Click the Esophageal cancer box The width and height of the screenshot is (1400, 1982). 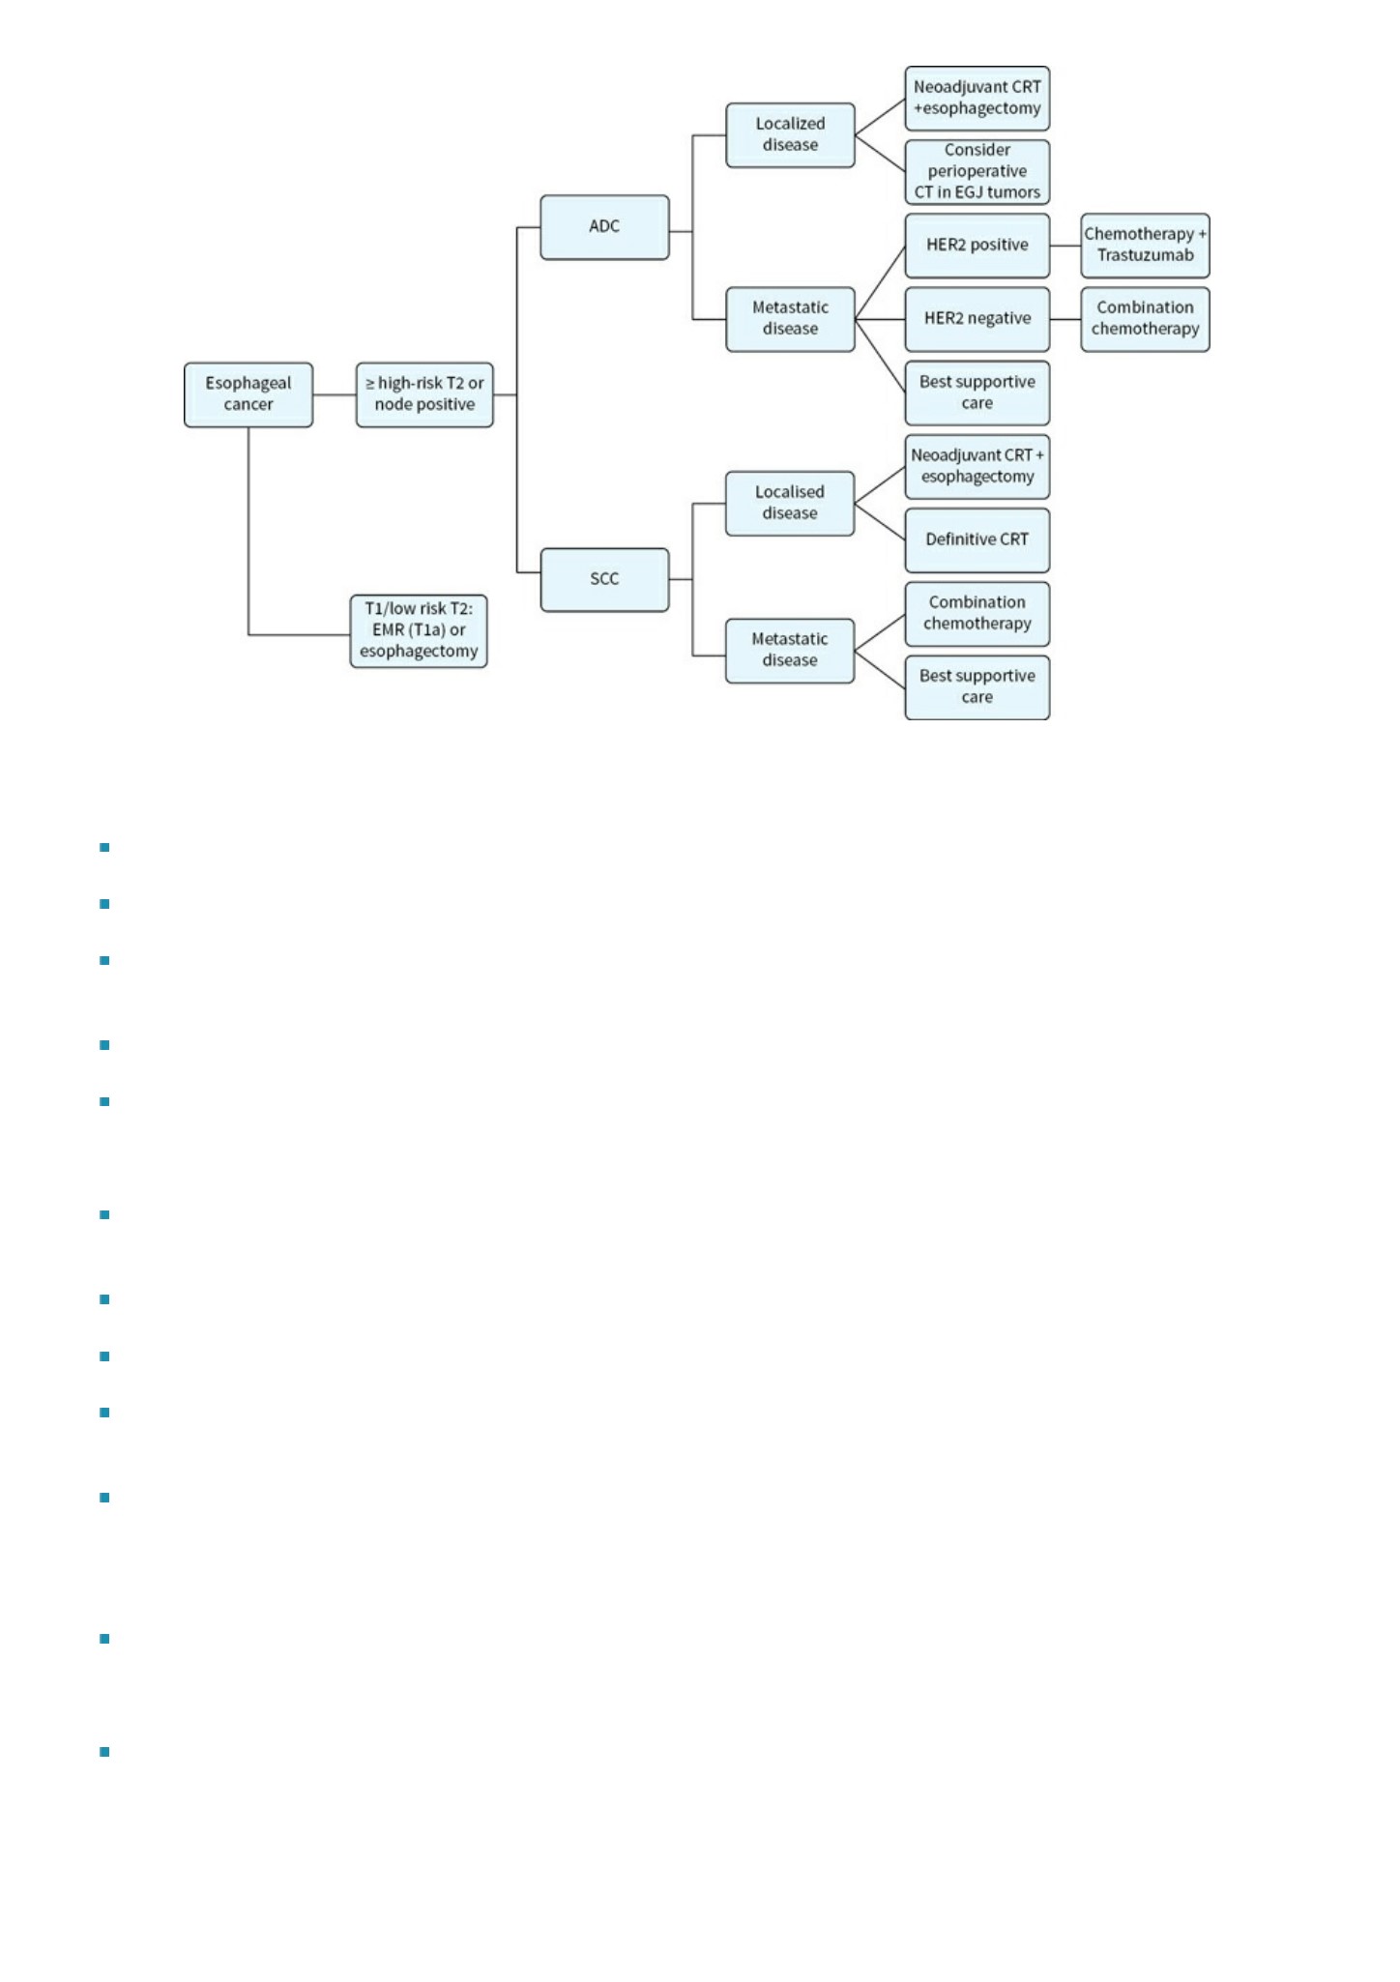tap(248, 394)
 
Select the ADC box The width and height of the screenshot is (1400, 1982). tap(604, 227)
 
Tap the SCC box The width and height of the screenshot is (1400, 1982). tap(604, 579)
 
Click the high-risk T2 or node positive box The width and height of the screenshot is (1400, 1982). tap(424, 394)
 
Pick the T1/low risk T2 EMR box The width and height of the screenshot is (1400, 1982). tap(419, 630)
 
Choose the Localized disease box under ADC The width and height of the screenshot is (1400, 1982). tap(790, 134)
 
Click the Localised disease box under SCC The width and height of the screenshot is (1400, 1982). tap(790, 503)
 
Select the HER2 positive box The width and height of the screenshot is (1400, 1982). tap(977, 246)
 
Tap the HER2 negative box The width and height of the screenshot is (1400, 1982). tap(977, 319)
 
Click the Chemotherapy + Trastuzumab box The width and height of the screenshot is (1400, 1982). tap(1145, 246)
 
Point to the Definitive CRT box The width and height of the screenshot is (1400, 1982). tap(977, 539)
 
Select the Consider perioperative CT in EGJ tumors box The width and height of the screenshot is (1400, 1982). tap(977, 171)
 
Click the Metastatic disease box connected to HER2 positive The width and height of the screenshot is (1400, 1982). tap(790, 319)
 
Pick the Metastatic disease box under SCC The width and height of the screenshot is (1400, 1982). tap(790, 651)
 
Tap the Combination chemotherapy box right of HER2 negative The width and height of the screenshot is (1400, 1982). tap(1145, 319)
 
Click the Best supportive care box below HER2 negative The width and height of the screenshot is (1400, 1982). tap(977, 393)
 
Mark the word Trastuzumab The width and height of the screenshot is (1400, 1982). tap(1146, 256)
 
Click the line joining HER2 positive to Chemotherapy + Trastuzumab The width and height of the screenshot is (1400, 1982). tap(1065, 246)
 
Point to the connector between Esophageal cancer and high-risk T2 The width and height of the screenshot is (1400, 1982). tap(335, 394)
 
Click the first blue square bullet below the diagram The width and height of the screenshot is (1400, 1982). tap(104, 848)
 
